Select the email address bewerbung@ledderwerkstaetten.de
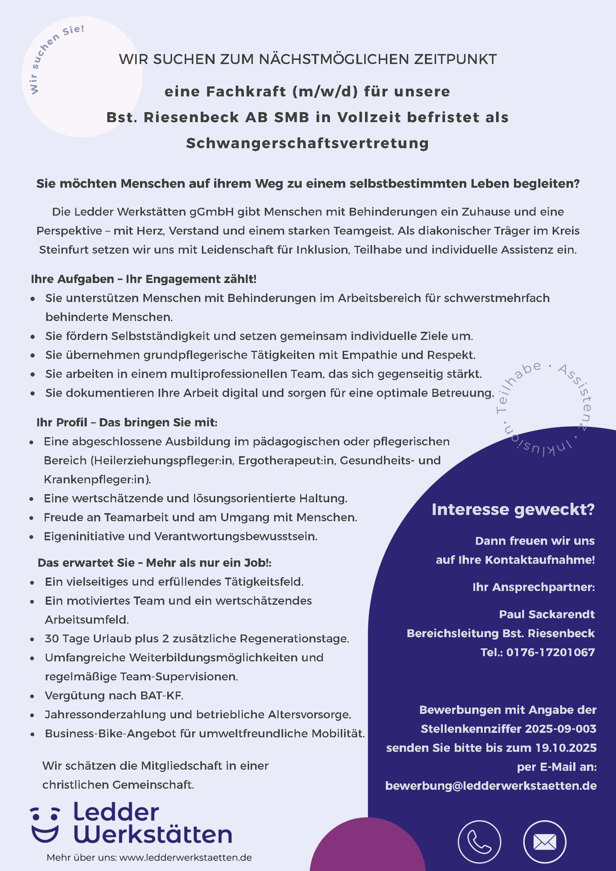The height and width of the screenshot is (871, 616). click(491, 786)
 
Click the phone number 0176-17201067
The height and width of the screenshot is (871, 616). click(550, 652)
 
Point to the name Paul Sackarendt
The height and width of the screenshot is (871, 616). click(547, 614)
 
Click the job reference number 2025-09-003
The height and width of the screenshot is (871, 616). click(561, 729)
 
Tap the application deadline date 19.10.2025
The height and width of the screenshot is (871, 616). click(566, 748)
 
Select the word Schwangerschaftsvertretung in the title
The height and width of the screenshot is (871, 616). click(308, 143)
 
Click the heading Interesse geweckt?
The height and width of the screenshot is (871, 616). click(513, 509)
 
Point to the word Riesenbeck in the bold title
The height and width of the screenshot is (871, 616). click(191, 118)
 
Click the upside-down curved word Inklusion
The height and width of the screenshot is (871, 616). click(539, 446)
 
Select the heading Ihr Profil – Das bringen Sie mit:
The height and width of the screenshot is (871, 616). click(127, 422)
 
